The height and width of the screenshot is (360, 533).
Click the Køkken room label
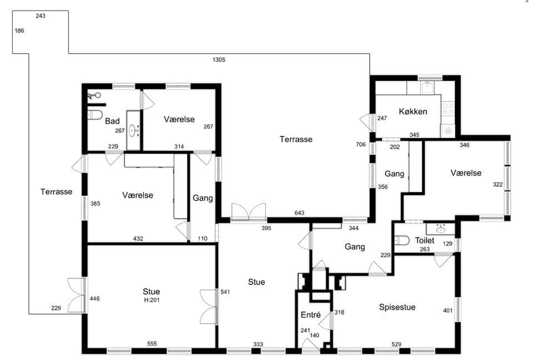(413, 111)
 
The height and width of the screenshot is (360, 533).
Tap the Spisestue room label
(397, 307)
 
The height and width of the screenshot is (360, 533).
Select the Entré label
(311, 315)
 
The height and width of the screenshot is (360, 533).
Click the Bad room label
(112, 121)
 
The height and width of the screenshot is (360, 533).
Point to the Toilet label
(425, 241)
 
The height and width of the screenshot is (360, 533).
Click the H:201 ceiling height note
(152, 300)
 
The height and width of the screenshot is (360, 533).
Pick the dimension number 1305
(219, 60)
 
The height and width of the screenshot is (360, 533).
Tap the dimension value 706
(361, 144)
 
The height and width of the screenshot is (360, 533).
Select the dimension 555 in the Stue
(152, 344)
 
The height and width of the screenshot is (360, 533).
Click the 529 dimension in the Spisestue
(396, 344)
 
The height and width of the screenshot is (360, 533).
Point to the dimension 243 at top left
(41, 16)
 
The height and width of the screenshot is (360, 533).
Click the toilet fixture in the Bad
(95, 114)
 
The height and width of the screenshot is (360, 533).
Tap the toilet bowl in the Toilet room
(402, 241)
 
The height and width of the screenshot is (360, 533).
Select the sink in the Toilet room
(440, 229)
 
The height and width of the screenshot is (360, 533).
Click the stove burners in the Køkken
(447, 109)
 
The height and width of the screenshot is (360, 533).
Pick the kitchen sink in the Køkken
(428, 87)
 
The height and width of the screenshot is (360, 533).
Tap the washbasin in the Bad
(133, 131)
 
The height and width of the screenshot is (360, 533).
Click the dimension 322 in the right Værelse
(497, 184)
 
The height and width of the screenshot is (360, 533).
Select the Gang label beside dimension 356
(394, 174)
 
